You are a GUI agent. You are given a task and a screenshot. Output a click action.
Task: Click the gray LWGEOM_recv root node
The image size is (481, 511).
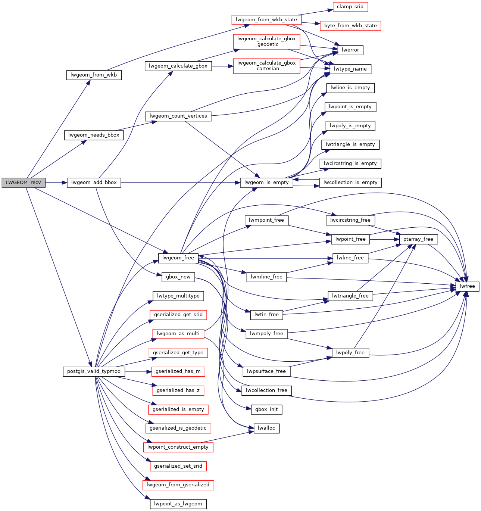click(x=24, y=183)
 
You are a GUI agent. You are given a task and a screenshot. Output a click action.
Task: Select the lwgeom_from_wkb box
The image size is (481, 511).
click(x=94, y=75)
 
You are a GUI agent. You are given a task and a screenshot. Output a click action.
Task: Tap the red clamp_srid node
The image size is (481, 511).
click(x=350, y=7)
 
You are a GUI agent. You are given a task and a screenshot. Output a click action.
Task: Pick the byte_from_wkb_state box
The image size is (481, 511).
click(x=350, y=26)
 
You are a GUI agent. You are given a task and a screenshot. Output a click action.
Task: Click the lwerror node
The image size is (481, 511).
click(x=350, y=50)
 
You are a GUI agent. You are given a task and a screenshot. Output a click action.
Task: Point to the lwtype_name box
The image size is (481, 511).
click(x=350, y=69)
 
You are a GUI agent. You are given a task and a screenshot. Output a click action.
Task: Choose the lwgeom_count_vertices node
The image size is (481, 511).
click(x=178, y=116)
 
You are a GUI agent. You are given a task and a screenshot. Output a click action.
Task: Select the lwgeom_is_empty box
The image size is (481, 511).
click(x=267, y=183)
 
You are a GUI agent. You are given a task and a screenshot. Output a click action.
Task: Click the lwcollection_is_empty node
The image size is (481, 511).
click(x=350, y=183)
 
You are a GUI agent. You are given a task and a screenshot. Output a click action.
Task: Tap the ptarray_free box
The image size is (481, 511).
click(x=418, y=239)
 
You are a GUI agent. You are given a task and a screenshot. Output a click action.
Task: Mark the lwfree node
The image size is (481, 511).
click(x=467, y=286)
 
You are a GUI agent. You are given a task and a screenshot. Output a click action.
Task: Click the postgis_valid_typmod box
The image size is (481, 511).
click(x=94, y=371)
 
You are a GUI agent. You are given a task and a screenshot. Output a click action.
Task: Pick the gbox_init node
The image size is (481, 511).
click(x=266, y=409)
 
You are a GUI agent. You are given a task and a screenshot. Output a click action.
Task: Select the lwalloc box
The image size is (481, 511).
click(x=266, y=428)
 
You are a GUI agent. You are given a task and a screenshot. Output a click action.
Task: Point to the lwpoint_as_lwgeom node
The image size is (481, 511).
click(x=178, y=504)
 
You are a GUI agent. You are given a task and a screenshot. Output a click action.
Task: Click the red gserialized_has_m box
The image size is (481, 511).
click(x=178, y=371)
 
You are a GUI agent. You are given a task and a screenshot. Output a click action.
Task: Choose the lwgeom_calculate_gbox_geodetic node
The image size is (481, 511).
click(x=266, y=41)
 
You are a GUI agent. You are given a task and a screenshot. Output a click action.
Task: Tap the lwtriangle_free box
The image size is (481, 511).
click(x=350, y=296)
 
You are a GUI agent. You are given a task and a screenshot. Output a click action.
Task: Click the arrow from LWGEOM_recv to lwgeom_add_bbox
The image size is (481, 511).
click(x=56, y=183)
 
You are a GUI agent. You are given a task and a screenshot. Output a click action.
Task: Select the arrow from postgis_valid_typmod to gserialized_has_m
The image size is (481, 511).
click(x=138, y=371)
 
